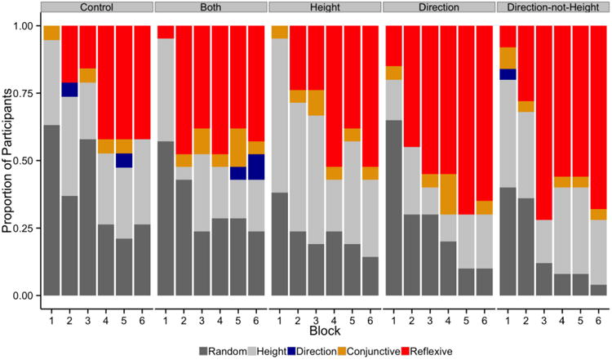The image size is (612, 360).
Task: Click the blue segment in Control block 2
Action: tap(69, 90)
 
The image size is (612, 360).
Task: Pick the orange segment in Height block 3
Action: tap(335, 103)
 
